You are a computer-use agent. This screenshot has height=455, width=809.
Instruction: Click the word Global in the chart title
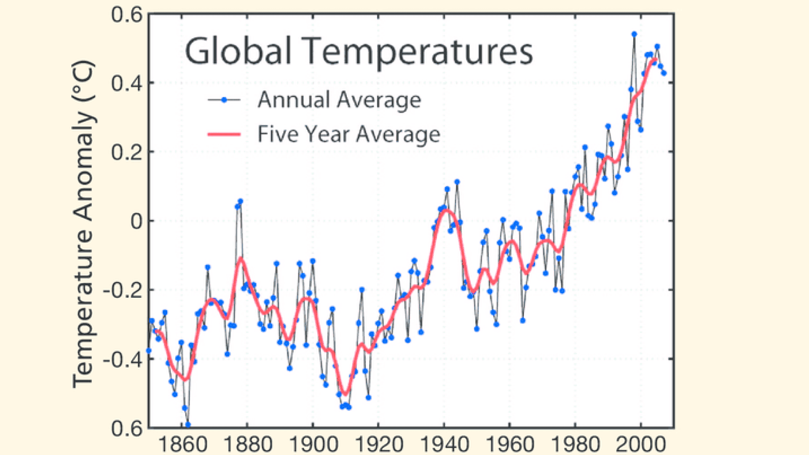pos(238,51)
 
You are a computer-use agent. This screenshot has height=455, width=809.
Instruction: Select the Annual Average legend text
pos(339,100)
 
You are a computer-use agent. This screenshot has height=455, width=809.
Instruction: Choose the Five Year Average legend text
pos(349,134)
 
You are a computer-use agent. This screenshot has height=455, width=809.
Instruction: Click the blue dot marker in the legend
pos(224,100)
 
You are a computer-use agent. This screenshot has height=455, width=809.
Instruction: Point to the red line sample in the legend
pos(224,134)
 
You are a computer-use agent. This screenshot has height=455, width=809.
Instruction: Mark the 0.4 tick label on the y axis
pos(127,83)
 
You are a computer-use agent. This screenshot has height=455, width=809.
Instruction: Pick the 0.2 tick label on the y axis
pos(127,152)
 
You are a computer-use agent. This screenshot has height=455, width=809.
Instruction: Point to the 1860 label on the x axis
pos(182,444)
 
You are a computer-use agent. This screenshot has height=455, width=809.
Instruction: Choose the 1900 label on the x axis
pos(313,444)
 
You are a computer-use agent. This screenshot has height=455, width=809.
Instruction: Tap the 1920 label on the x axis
pos(379,444)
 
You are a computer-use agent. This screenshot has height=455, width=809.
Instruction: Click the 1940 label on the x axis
pos(445,444)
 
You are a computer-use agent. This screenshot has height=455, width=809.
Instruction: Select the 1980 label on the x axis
pos(576,444)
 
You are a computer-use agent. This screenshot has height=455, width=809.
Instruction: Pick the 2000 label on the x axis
pos(641,444)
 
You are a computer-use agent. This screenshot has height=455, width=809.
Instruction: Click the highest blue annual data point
pos(634,34)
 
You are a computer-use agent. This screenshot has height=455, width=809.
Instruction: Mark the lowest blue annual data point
pos(188,425)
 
